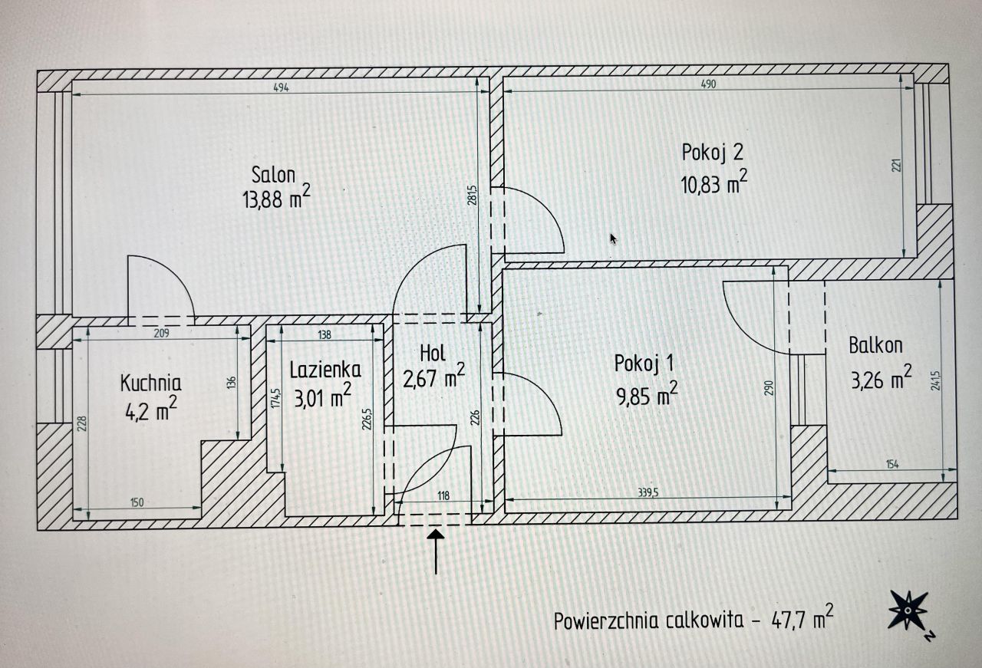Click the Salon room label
tap(273, 175)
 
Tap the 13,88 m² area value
tap(276, 198)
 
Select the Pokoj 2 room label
tap(713, 152)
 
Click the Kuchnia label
tap(150, 383)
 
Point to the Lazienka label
tap(325, 370)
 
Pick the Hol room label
tap(433, 354)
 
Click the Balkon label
tap(875, 345)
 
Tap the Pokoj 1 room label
tap(644, 363)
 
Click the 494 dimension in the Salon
tap(281, 87)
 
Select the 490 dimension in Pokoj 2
tap(708, 84)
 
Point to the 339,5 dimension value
tap(648, 492)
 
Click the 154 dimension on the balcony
tap(892, 464)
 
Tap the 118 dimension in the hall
tap(443, 495)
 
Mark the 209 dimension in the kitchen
tap(161, 333)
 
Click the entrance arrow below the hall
tap(436, 551)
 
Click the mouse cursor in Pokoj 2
tap(613, 239)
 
